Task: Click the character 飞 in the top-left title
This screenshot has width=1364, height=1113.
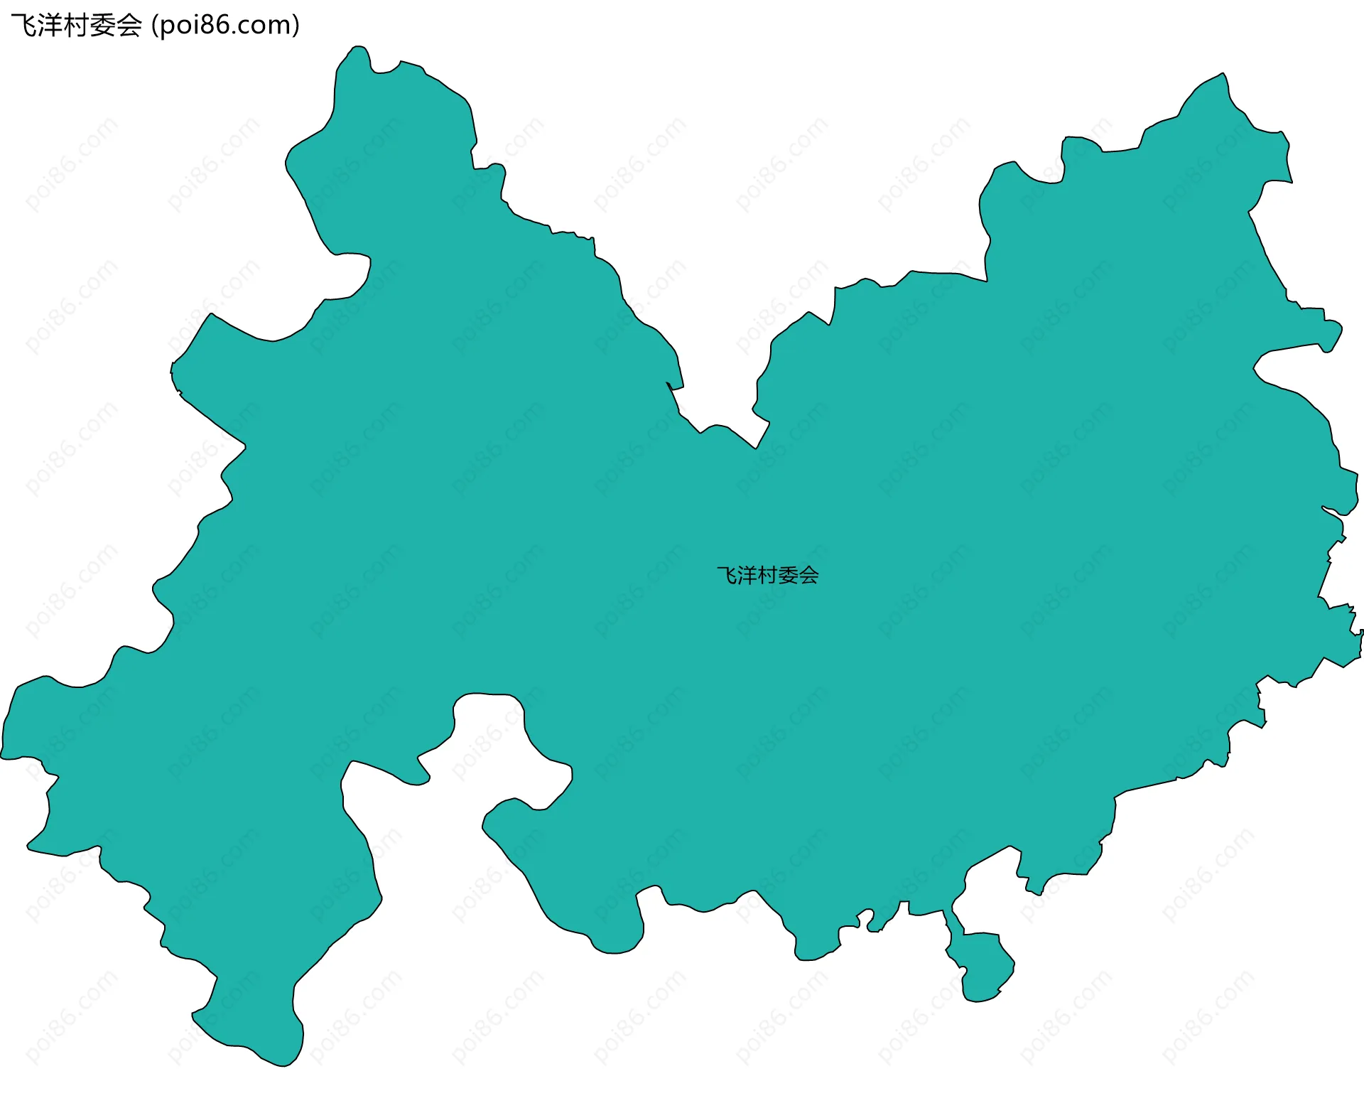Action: [23, 26]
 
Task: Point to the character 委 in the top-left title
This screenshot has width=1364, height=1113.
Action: [102, 26]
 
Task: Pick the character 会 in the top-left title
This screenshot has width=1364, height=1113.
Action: [129, 26]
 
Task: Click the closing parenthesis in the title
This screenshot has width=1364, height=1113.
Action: [296, 26]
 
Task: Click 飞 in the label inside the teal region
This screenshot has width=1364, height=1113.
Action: [727, 575]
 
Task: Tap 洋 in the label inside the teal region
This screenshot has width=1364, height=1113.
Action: [747, 575]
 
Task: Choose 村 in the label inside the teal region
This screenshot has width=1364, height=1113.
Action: [768, 575]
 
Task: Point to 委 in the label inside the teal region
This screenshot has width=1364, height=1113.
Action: [789, 575]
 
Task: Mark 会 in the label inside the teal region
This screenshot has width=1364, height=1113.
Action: [809, 575]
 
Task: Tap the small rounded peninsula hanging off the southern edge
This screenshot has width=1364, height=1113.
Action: [982, 967]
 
